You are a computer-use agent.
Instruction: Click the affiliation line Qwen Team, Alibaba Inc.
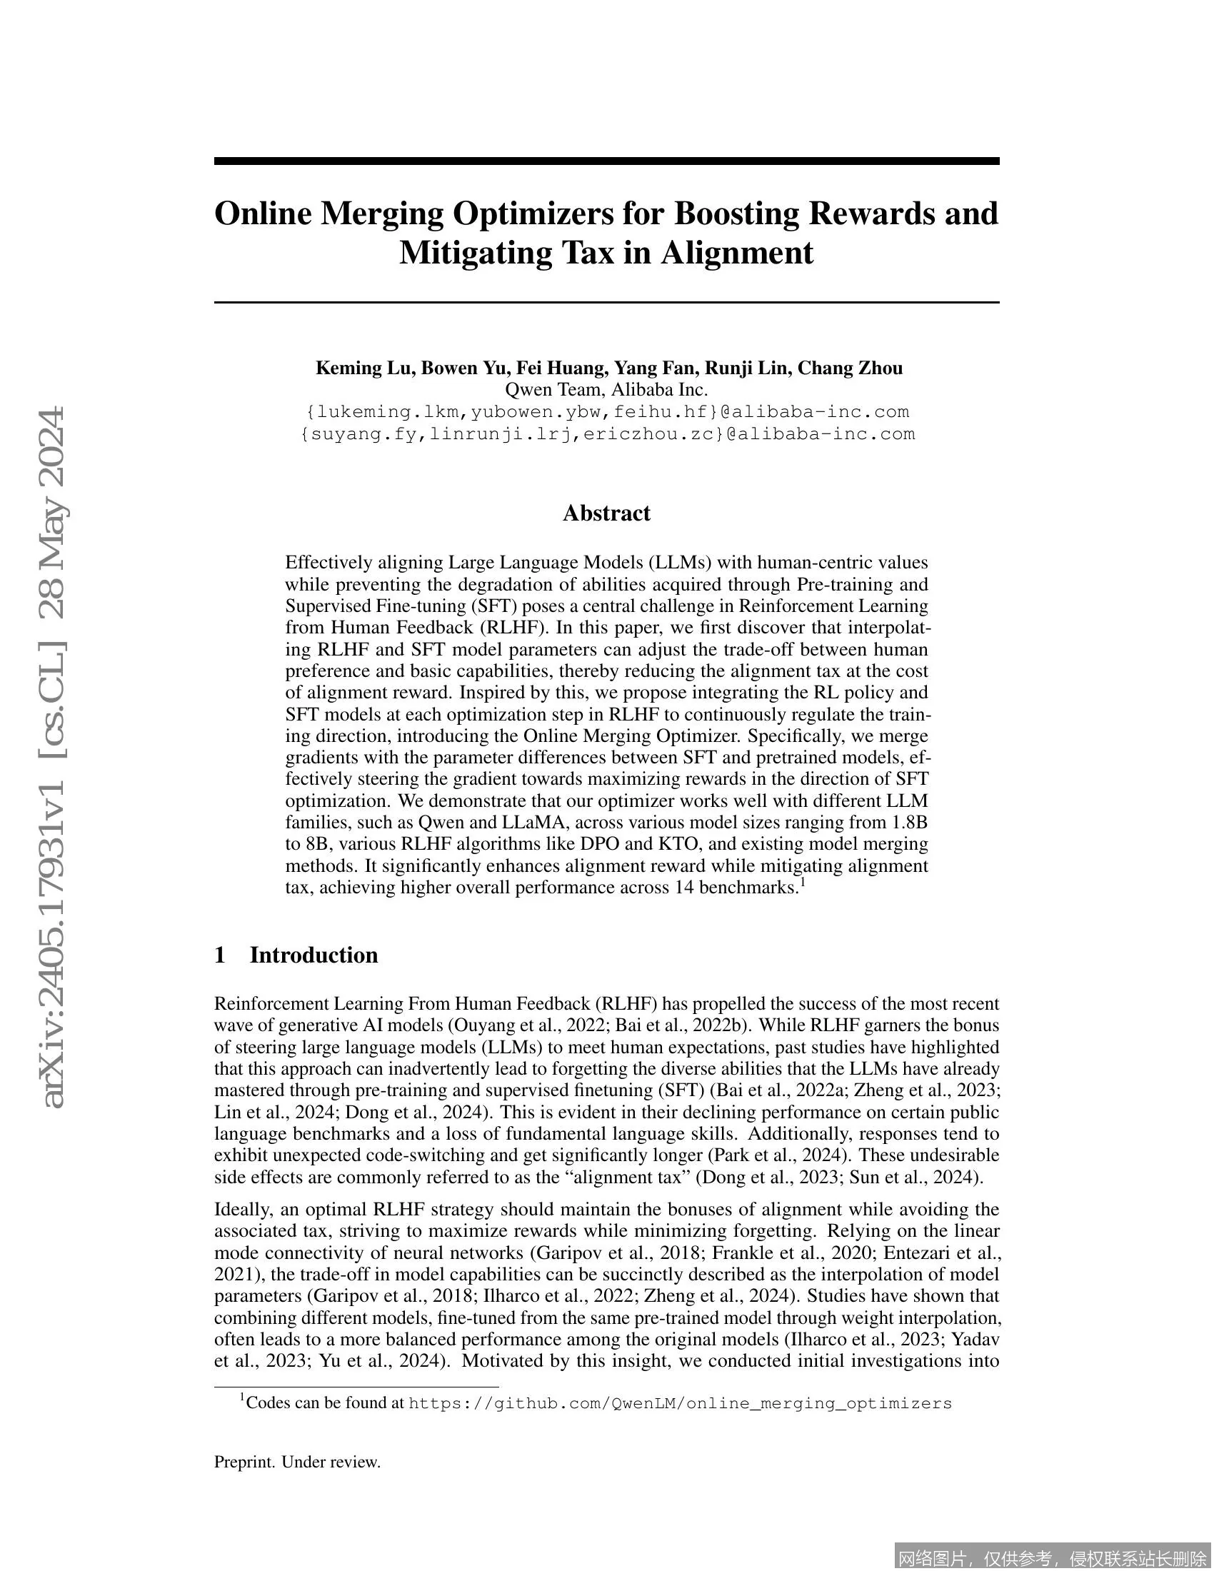(x=606, y=390)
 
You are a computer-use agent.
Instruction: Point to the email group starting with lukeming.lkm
(x=608, y=412)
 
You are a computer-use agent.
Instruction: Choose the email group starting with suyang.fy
(x=608, y=434)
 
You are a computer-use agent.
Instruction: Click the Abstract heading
(x=606, y=513)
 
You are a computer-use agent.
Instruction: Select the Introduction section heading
(x=313, y=955)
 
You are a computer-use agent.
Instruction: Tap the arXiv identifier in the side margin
(x=54, y=756)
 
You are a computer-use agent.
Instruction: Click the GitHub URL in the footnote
(x=680, y=1403)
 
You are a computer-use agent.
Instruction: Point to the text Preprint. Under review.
(x=297, y=1462)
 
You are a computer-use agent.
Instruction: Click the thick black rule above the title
(x=606, y=161)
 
